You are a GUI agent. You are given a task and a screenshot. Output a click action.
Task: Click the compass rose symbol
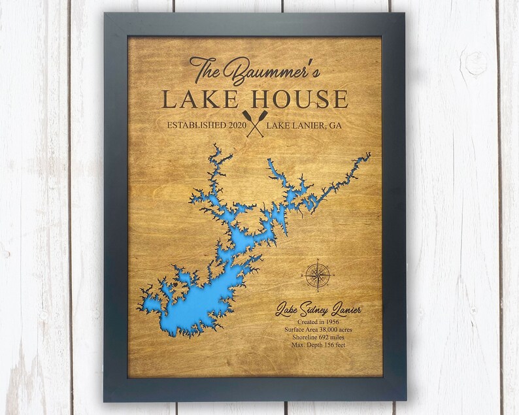[318, 274]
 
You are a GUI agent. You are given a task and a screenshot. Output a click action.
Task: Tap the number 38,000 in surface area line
[326, 330]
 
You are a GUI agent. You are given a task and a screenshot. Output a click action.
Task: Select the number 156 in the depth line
[332, 347]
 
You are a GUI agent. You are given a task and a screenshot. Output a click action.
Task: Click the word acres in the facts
[349, 330]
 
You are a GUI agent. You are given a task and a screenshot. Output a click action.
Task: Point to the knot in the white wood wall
[475, 62]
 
